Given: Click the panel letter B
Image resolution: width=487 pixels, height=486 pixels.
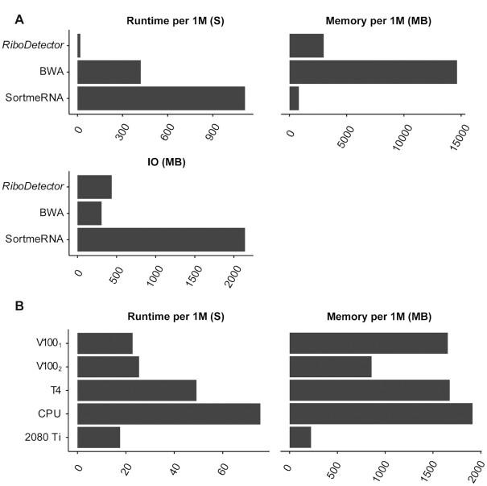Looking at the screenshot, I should [x=13, y=306].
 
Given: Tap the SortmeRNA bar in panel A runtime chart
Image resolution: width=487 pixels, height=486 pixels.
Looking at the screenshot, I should [x=161, y=98].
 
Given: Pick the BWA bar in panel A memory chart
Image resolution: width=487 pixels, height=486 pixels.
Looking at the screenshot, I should [x=373, y=72].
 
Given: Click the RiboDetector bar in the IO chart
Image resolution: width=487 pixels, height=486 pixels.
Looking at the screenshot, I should [x=94, y=187].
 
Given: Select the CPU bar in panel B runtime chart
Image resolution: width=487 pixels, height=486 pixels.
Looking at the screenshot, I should [x=169, y=413].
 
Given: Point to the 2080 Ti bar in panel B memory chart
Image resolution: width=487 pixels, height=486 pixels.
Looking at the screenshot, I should [x=300, y=437].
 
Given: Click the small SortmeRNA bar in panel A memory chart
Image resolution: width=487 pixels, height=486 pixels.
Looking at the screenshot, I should [x=294, y=98].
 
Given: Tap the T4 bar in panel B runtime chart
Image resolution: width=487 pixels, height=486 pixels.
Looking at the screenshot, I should [x=137, y=390].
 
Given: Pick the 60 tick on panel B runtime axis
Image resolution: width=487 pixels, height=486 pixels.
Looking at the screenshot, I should [x=222, y=465].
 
